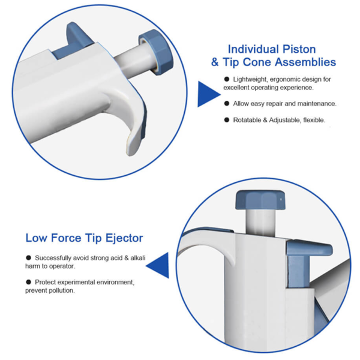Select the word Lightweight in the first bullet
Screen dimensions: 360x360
(252, 79)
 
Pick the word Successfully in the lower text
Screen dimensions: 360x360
(55, 257)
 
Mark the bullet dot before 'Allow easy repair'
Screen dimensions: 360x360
(227, 103)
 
